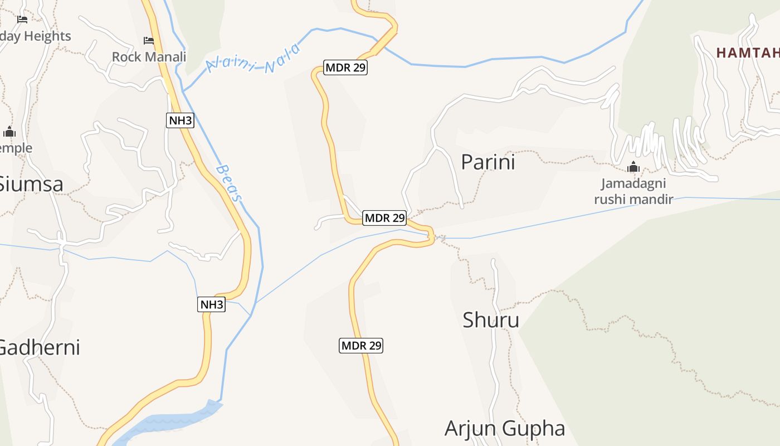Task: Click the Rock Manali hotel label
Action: pos(149,57)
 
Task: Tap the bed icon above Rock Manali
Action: pos(149,41)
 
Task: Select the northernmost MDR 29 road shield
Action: pos(345,68)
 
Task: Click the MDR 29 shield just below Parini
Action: pos(384,218)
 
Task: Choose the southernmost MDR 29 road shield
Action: pos(361,346)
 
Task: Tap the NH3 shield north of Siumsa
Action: pos(180,120)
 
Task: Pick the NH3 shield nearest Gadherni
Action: pos(212,304)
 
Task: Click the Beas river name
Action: pos(230,183)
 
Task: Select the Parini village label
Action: pos(488,162)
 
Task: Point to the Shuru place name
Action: pos(491,320)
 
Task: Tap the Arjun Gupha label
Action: pos(505,428)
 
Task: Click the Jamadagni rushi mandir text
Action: pos(633,191)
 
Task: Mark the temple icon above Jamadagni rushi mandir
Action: pos(633,167)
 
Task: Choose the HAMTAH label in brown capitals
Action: pos(747,53)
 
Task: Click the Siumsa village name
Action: pos(31,184)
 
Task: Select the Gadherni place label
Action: pos(39,347)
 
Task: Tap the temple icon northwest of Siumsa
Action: pos(9,133)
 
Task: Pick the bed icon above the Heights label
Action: pos(22,20)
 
